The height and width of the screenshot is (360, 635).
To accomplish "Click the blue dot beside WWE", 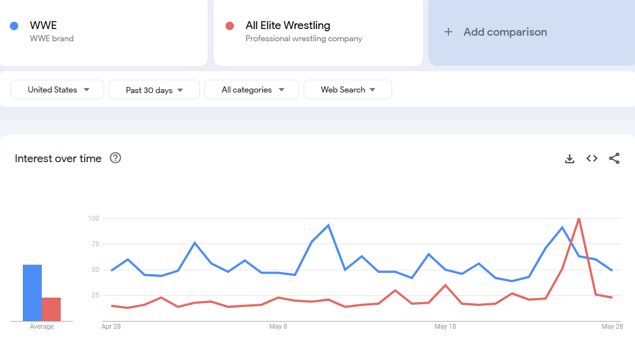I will coord(14,26).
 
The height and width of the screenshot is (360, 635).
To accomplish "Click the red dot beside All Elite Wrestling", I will coord(229,26).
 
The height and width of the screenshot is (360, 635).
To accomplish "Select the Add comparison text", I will coord(505,32).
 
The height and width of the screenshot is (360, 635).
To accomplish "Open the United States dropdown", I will coord(58,90).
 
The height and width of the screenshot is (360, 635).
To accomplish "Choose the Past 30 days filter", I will coord(154,90).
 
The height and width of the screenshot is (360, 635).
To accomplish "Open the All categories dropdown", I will coord(252,90).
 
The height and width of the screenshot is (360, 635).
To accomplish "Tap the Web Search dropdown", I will coord(348,90).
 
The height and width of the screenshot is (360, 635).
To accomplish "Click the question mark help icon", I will coord(115,158).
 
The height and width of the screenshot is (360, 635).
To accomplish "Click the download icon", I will coord(569,159).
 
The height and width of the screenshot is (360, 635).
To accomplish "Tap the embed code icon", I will coord(592,159).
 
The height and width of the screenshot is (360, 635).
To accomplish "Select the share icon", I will coord(614,159).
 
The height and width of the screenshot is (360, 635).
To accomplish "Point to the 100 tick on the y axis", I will coord(93,218).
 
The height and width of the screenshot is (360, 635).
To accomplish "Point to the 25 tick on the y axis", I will coord(94,295).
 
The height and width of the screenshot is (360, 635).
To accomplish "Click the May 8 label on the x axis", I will coord(278,327).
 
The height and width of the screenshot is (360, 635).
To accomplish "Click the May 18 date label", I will coord(445,327).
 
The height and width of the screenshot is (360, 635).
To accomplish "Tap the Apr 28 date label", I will coord(111,327).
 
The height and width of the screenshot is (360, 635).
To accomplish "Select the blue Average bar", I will coord(32,293).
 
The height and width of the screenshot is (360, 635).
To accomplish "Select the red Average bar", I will coord(51,309).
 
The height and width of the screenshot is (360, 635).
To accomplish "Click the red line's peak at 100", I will coord(579,218).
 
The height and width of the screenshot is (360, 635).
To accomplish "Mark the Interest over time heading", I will coord(58,159).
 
